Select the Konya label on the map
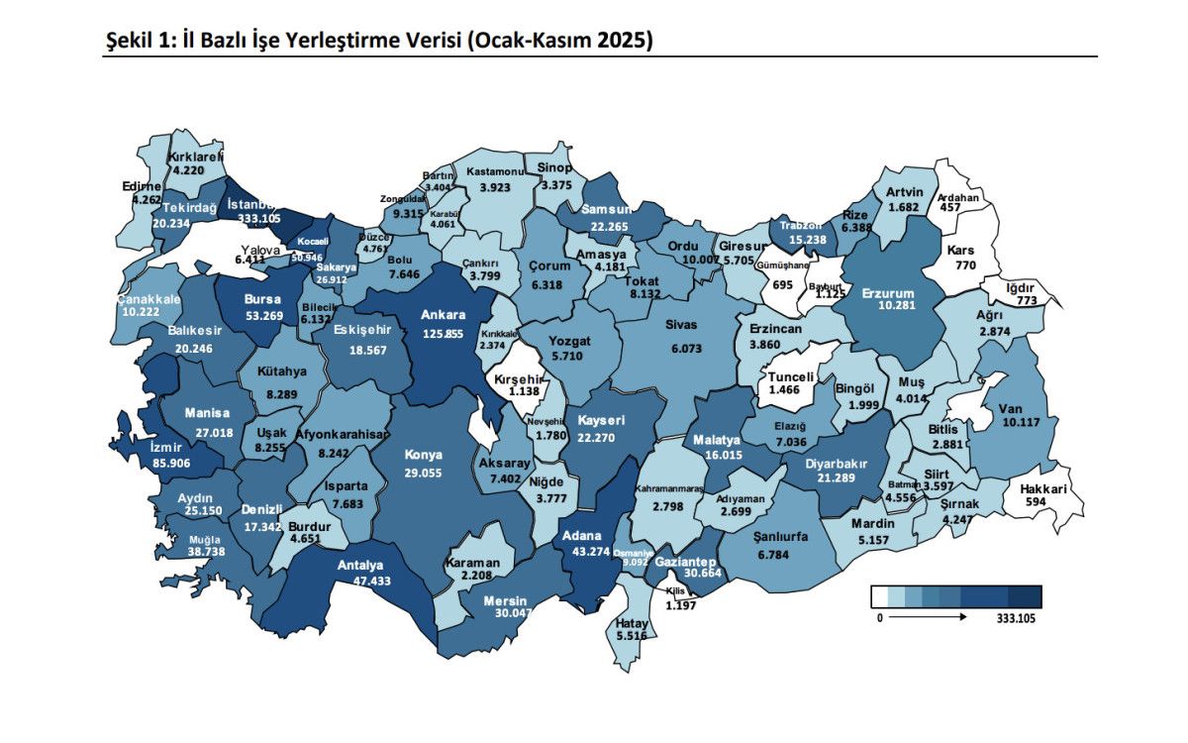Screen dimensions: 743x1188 [423, 455]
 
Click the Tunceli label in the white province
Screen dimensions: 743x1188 [791, 377]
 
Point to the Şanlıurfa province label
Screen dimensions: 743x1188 [782, 536]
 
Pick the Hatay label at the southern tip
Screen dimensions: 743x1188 [631, 622]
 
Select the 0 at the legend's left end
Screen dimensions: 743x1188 [878, 619]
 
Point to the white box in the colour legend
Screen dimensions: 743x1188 [879, 596]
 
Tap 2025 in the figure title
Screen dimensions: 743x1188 [623, 41]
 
